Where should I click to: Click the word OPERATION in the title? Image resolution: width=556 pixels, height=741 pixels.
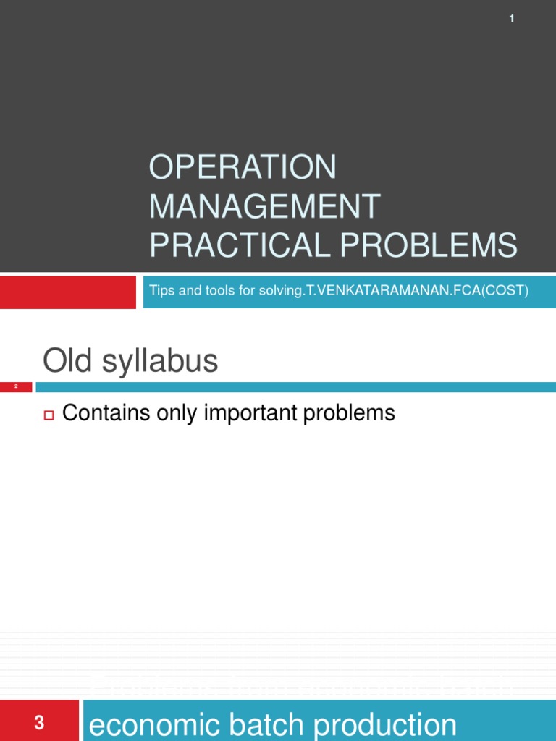point(243,168)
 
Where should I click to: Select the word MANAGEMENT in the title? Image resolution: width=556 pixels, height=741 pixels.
point(264,206)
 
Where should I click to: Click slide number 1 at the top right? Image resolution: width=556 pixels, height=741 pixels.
point(512,19)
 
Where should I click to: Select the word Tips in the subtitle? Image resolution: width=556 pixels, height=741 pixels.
point(161,290)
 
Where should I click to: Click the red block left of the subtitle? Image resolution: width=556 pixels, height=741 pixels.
point(67,291)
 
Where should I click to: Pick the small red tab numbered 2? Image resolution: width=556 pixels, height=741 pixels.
point(16,387)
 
